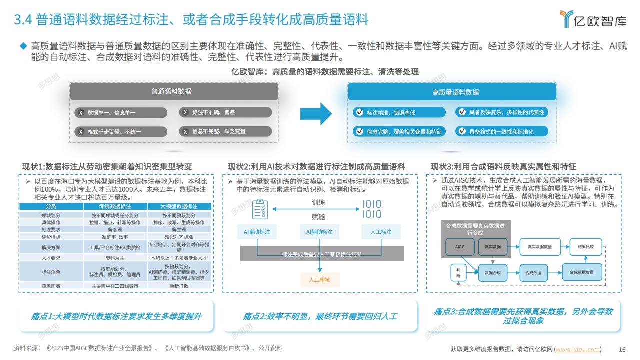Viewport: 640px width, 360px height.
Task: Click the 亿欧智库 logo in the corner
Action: point(593,19)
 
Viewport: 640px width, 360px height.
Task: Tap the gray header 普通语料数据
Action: point(174,91)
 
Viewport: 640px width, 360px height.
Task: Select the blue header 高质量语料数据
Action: point(452,92)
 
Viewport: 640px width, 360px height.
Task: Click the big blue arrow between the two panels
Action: point(316,114)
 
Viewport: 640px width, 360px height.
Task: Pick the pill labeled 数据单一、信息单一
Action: point(121,113)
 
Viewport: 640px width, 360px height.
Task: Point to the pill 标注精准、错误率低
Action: point(399,113)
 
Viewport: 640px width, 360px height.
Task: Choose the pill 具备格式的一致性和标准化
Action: point(502,131)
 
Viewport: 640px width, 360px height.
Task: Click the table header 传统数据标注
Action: point(115,206)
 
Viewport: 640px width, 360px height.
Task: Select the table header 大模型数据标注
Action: point(179,206)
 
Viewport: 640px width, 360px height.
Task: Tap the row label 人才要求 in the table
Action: point(51,258)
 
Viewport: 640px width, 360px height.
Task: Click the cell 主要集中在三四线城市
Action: point(115,286)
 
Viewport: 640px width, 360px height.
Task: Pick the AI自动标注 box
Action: point(257,232)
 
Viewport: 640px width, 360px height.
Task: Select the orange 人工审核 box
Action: point(319,280)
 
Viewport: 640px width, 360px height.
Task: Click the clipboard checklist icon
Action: point(260,209)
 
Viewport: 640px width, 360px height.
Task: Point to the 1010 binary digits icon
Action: point(371,209)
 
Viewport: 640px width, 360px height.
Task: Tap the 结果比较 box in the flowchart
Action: point(586,247)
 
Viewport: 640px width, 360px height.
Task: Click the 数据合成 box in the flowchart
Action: point(493,273)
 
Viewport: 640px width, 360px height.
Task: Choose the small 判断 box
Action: point(458,273)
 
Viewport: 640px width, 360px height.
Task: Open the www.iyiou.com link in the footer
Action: point(578,349)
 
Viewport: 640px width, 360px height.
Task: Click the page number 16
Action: point(622,349)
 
